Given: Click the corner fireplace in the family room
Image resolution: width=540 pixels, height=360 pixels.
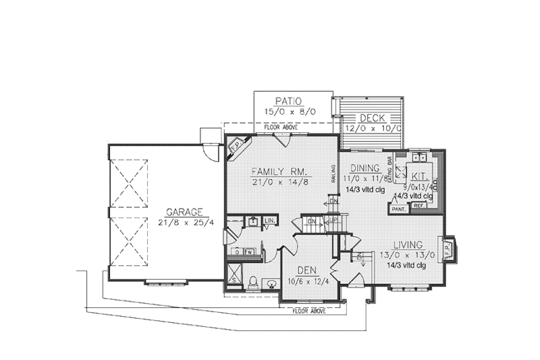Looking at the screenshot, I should (237, 147).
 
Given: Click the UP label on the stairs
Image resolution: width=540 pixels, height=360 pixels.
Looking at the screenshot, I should (333, 221).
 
